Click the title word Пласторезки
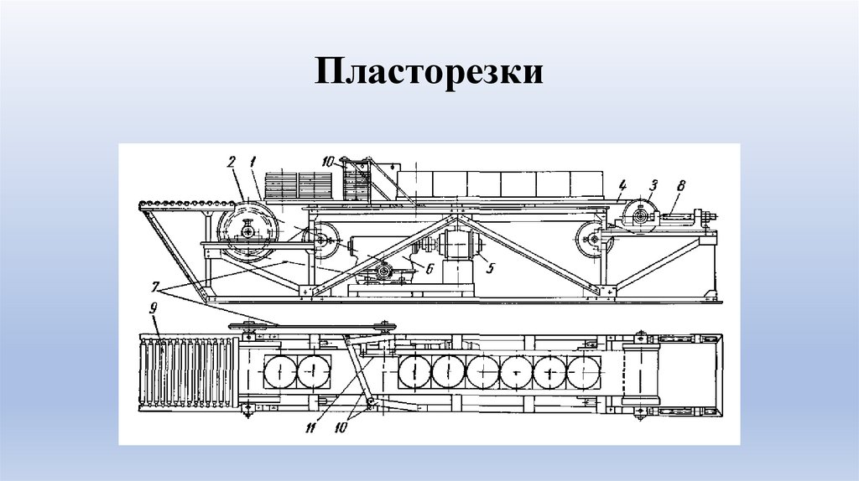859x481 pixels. click(429, 72)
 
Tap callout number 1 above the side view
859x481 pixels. click(252, 161)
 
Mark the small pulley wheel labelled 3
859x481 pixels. click(642, 215)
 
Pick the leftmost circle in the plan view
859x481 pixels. click(278, 370)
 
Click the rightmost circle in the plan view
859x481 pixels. click(585, 370)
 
